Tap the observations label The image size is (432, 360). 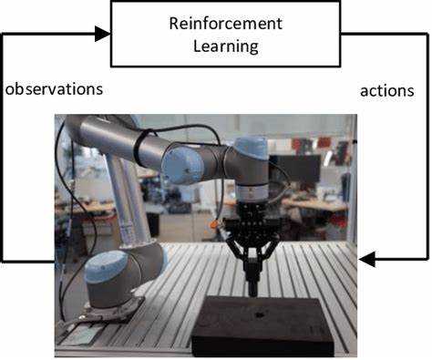tap(54, 89)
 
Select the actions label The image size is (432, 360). tap(386, 91)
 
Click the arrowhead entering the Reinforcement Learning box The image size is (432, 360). tap(103, 35)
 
